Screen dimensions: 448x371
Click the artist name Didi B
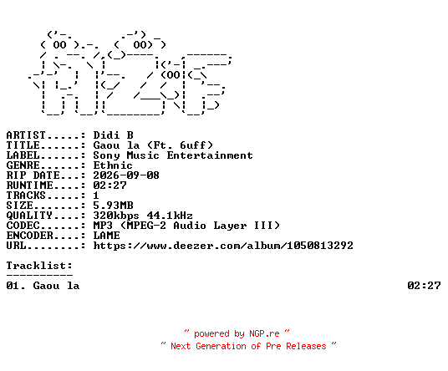[x=113, y=135]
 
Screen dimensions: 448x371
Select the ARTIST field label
[x=26, y=135]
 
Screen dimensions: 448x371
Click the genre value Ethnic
[x=113, y=165]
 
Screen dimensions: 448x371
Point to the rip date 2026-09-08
[x=126, y=175]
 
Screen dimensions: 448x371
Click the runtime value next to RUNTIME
[x=109, y=185]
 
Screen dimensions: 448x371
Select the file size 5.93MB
[x=113, y=206]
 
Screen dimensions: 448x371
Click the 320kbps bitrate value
[x=116, y=216]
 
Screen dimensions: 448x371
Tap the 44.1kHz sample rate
[x=170, y=216]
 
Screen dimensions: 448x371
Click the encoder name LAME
[x=107, y=236]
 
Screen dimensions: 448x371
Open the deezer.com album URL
[x=223, y=246]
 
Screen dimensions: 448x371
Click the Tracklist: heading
[x=39, y=266]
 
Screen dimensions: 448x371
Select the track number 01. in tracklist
[x=16, y=286]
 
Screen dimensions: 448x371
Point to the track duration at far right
[x=424, y=286]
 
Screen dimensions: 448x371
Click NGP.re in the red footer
[x=264, y=333]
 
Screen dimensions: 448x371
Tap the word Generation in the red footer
[x=221, y=346]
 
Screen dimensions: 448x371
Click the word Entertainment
[x=210, y=155]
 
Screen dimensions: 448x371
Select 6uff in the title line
[x=193, y=145]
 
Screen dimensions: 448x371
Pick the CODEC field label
[x=23, y=226]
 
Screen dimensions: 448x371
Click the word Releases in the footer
[x=306, y=346]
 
